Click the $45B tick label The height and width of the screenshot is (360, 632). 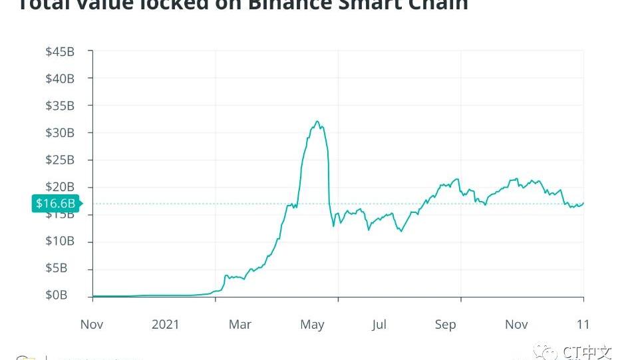coord(59,52)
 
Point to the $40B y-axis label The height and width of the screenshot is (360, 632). coord(59,79)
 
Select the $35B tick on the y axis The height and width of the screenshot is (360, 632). coord(59,106)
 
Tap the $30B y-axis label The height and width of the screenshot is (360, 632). coord(59,133)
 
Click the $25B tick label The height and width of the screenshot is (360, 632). coord(59,160)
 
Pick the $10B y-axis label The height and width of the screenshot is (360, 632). coord(59,241)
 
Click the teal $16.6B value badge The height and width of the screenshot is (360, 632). coord(55,204)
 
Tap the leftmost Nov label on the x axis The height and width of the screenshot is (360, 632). coord(92,324)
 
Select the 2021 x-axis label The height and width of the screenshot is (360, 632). coord(166,324)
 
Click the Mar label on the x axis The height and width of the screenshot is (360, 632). coord(240,324)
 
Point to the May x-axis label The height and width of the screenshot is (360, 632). coord(312,324)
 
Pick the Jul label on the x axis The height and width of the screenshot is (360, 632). coord(379,324)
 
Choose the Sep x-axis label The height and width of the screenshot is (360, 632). coord(445,324)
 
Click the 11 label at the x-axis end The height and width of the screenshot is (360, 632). coord(583,324)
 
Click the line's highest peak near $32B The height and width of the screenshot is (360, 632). coord(317,122)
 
